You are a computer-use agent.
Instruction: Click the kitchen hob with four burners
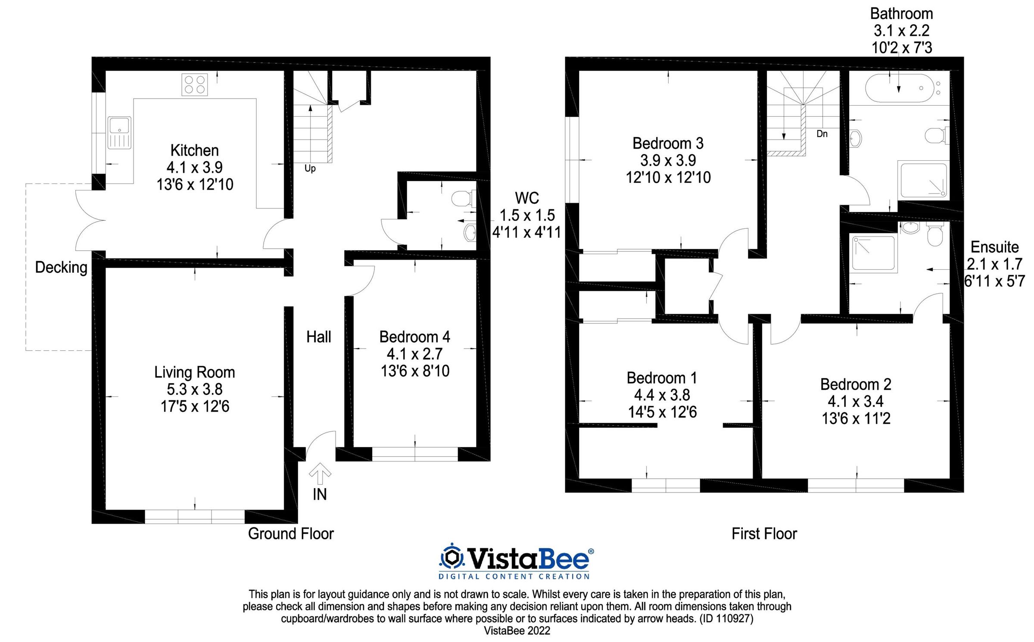coord(195,84)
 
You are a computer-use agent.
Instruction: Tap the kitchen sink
coord(119,132)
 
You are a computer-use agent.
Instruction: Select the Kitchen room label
coord(195,150)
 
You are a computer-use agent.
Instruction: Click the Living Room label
coord(195,372)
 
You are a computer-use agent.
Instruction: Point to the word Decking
coord(61,267)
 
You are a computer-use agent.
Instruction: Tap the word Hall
coord(319,337)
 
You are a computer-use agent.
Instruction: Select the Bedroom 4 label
coord(414,337)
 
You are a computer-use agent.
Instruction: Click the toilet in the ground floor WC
coord(463,199)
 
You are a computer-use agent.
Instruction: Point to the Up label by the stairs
coord(310,168)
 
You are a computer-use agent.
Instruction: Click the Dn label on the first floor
coord(822,134)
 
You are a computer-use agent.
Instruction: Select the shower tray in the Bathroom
coord(923,181)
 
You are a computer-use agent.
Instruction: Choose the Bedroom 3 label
coord(668,143)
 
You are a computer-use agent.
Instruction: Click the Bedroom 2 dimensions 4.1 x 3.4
coord(856,402)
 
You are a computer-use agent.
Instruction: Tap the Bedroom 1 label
coord(662,378)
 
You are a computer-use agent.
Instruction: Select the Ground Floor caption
coord(291,534)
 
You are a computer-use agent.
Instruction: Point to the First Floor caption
coord(764,534)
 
